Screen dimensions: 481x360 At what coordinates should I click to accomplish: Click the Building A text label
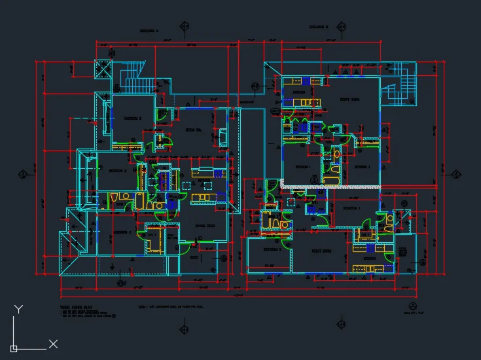pyautogui.click(x=151, y=31)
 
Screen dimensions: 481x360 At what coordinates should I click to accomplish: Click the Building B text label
pyautogui.click(x=319, y=27)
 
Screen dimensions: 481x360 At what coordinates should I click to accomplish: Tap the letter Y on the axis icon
pyautogui.click(x=19, y=309)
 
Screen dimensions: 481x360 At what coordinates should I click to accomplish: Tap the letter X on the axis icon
pyautogui.click(x=54, y=344)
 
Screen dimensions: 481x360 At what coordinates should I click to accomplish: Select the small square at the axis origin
pyautogui.click(x=14, y=348)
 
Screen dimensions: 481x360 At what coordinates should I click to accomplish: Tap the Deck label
pyautogui.click(x=194, y=257)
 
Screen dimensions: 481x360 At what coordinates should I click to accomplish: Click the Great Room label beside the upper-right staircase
pyautogui.click(x=349, y=99)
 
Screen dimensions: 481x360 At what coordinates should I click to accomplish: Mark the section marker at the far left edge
pyautogui.click(x=23, y=174)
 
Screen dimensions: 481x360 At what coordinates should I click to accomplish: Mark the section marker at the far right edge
pyautogui.click(x=457, y=173)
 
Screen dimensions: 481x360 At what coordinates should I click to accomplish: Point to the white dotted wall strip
pyautogui.click(x=330, y=187)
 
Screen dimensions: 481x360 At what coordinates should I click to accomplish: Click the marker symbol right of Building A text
pyautogui.click(x=184, y=27)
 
